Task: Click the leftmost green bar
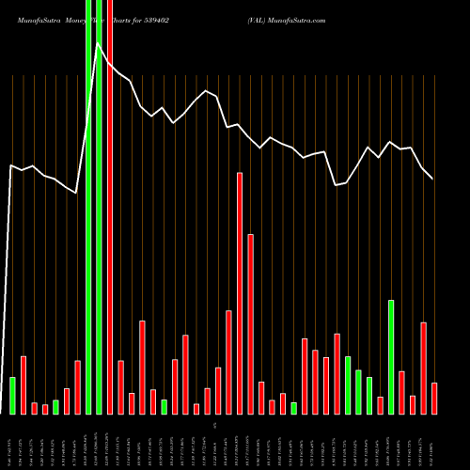[x=12, y=395]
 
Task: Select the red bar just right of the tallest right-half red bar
[x=250, y=324]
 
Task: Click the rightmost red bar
[x=434, y=399]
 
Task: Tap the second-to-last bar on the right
[x=423, y=368]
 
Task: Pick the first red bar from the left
[x=23, y=385]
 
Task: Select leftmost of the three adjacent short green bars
[x=348, y=385]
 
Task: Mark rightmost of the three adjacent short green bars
[x=369, y=396]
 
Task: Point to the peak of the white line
[x=99, y=43]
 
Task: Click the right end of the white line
[x=433, y=179]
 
